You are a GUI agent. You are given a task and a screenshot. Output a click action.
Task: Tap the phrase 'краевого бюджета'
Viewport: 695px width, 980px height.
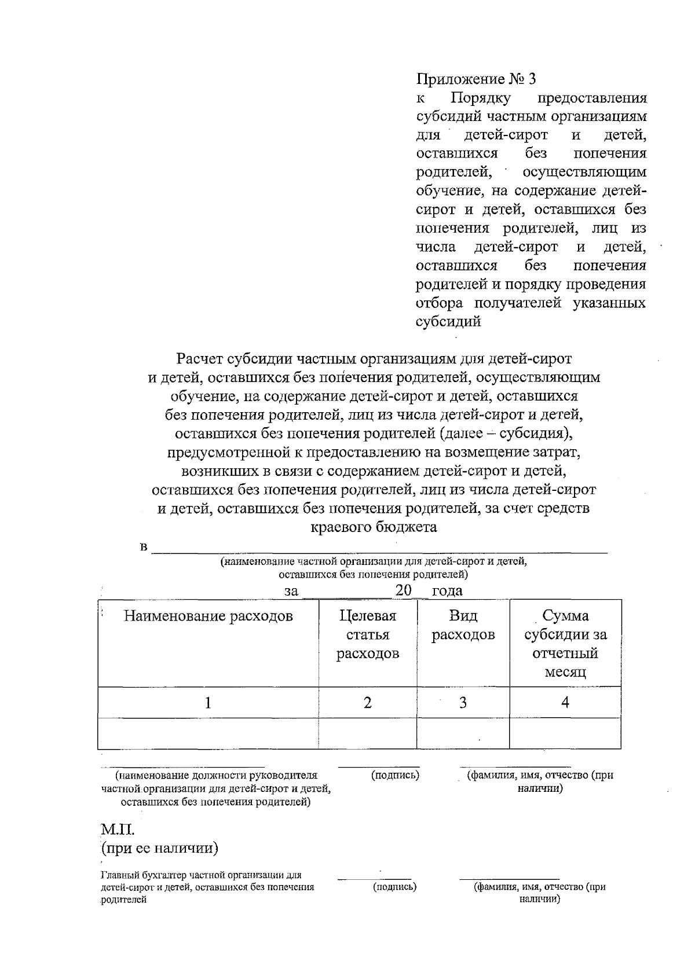374,527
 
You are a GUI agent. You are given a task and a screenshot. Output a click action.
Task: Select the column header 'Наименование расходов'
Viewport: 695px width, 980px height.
208,616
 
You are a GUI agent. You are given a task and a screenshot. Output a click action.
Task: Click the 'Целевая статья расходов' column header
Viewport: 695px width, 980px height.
368,634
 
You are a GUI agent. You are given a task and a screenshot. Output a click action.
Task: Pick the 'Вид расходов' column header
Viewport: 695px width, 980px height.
463,625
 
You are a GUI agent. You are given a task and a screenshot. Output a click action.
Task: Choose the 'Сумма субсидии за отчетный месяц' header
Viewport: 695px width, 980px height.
565,644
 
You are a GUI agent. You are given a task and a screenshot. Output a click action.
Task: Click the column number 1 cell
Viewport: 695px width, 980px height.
208,703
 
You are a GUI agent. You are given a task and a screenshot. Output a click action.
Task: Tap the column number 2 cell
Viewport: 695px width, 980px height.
367,703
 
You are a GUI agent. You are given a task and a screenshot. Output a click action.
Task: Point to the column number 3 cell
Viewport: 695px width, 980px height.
463,703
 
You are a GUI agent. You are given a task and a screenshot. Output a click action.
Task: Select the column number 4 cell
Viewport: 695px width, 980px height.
565,703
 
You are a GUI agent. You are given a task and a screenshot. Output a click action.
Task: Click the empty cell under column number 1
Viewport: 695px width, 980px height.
208,733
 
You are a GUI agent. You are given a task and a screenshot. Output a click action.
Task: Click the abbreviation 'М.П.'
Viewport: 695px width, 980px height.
118,829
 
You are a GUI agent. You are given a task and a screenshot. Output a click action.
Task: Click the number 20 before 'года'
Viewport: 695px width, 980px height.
403,590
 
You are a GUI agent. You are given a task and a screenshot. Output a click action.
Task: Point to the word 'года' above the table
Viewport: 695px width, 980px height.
447,591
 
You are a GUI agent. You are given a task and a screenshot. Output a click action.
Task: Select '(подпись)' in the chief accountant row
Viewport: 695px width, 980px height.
395,886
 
